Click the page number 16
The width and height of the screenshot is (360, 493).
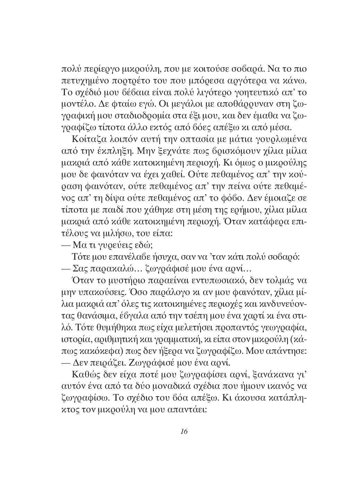[184, 431]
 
